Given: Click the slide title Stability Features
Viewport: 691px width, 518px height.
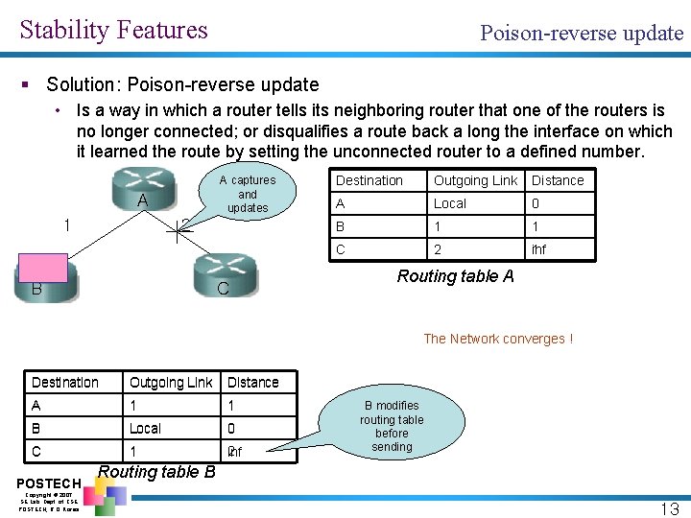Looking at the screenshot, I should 113,30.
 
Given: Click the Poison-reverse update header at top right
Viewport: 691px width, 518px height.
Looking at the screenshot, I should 582,33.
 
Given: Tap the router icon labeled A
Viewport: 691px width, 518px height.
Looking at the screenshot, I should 141,190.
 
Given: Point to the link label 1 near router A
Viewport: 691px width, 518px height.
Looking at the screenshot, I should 65,225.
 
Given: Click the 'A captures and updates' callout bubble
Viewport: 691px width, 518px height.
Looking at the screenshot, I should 247,194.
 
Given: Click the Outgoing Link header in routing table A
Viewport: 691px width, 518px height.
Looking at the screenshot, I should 475,180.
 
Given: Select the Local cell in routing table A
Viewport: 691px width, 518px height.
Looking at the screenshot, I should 450,203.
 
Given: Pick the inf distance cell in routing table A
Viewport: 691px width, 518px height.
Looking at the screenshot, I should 538,249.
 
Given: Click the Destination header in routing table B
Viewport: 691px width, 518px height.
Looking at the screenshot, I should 65,383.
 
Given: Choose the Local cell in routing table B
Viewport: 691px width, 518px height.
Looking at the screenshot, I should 146,429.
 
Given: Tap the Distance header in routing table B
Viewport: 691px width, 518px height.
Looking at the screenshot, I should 253,383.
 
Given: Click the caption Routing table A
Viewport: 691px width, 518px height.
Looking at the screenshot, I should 456,276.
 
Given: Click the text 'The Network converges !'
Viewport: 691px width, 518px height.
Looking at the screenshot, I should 498,339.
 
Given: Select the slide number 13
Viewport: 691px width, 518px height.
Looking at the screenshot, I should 668,507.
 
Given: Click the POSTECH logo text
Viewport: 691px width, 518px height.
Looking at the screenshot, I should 47,482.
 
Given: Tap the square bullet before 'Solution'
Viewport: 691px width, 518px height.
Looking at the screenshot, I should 32,85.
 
